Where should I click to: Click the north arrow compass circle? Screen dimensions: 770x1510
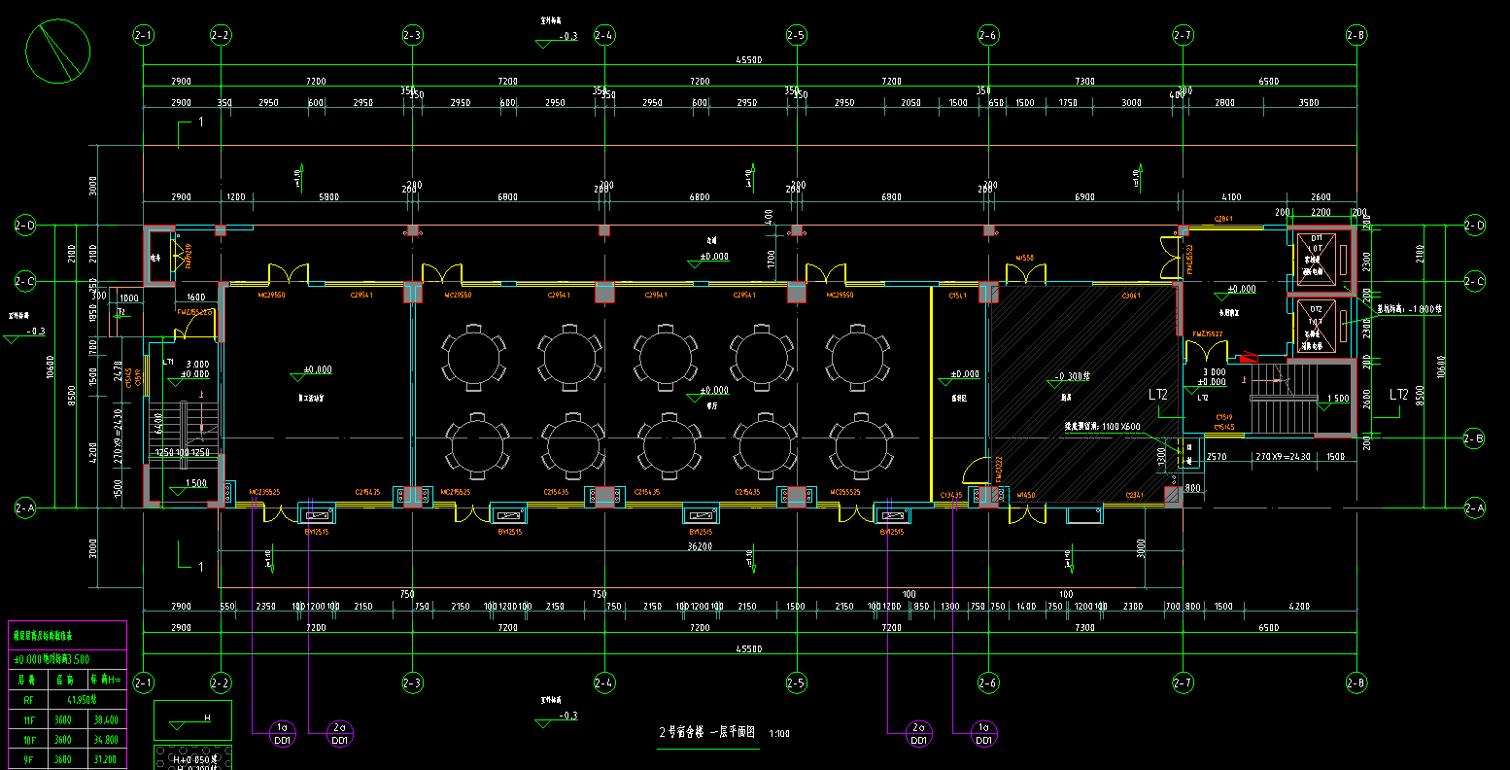tap(58, 52)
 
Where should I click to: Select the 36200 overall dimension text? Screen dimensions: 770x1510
tap(699, 546)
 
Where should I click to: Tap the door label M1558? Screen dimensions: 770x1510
tap(1024, 259)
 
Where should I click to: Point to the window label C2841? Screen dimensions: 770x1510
tap(1223, 219)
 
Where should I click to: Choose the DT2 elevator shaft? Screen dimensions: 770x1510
tap(1319, 326)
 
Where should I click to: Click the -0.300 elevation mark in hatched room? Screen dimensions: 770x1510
tap(1070, 375)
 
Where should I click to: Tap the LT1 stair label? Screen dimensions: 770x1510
tap(168, 362)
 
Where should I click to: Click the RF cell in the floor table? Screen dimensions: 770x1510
tap(28, 698)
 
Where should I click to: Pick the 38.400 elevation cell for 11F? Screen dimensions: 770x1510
tap(105, 720)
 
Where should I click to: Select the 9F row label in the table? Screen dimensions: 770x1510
tap(28, 759)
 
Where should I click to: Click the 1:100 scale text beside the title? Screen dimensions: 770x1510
tap(778, 734)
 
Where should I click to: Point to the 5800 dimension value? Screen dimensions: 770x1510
tap(329, 197)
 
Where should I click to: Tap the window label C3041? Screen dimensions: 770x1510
tap(1131, 296)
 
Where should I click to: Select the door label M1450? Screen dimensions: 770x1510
tap(1026, 496)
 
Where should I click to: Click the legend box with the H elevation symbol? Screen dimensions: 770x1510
tap(192, 720)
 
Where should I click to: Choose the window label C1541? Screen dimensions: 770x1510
tap(956, 296)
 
